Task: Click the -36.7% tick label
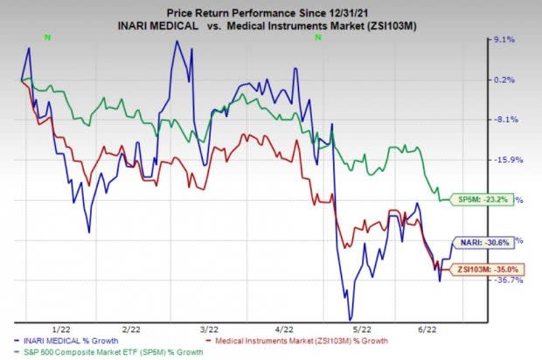coord(508,280)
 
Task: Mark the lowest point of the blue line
coord(351,320)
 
